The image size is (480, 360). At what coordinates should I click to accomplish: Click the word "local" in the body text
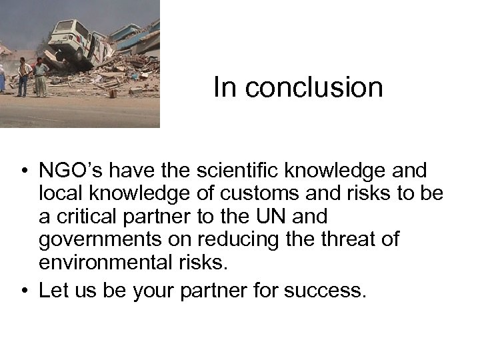click(58, 194)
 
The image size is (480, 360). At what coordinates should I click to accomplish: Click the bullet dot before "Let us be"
click(24, 291)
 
